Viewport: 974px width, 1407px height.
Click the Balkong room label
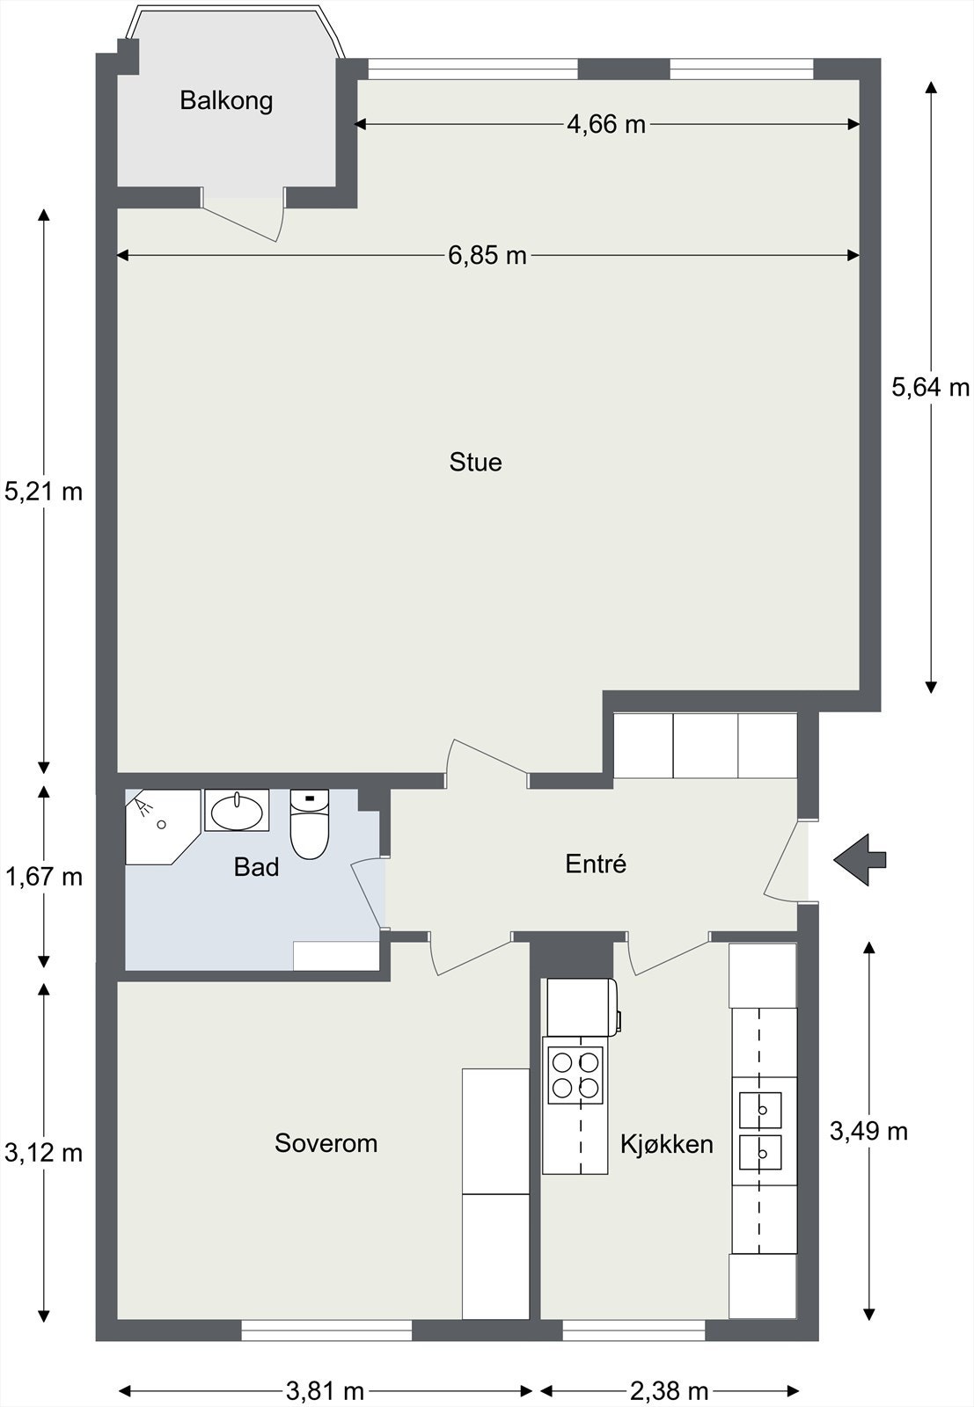pyautogui.click(x=226, y=101)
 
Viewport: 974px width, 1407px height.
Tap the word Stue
pyautogui.click(x=476, y=463)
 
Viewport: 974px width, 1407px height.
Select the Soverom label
pyautogui.click(x=326, y=1143)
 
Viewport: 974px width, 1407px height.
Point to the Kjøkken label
pyautogui.click(x=667, y=1144)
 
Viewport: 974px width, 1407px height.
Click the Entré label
pyautogui.click(x=596, y=864)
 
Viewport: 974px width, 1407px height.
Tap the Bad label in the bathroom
pyautogui.click(x=256, y=867)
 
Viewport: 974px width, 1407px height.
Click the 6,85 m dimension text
pyautogui.click(x=487, y=256)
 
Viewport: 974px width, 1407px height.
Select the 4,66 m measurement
pyautogui.click(x=606, y=124)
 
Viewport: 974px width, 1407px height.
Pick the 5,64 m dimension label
pyautogui.click(x=931, y=388)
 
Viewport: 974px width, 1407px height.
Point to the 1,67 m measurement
pyautogui.click(x=43, y=876)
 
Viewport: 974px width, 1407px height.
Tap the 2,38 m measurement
pyautogui.click(x=670, y=1392)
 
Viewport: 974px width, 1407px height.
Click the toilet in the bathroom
pyautogui.click(x=310, y=824)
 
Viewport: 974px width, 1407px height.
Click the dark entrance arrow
pyautogui.click(x=860, y=860)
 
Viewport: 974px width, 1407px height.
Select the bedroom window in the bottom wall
pyautogui.click(x=326, y=1330)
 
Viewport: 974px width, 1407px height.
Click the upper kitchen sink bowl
pyautogui.click(x=760, y=1110)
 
